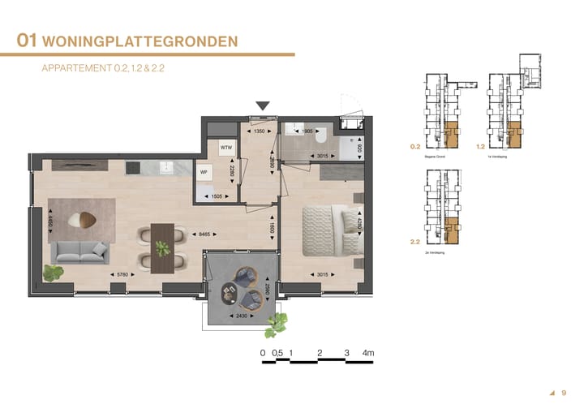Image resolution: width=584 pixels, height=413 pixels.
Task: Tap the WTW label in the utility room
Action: pyautogui.click(x=226, y=148)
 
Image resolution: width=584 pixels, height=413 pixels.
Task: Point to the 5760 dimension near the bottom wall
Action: pyautogui.click(x=122, y=276)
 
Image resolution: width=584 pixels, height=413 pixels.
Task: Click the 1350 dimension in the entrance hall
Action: pyautogui.click(x=260, y=131)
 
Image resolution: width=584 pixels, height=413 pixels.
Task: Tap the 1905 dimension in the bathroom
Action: pyautogui.click(x=307, y=131)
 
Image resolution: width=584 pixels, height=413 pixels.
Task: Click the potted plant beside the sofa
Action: pyautogui.click(x=54, y=273)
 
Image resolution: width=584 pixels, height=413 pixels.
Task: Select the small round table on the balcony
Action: pyautogui.click(x=243, y=286)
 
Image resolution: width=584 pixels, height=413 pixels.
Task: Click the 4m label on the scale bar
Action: pyautogui.click(x=369, y=353)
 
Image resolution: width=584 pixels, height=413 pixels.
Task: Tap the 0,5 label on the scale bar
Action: pyautogui.click(x=277, y=353)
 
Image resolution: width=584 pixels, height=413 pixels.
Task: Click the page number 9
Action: pyautogui.click(x=564, y=393)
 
